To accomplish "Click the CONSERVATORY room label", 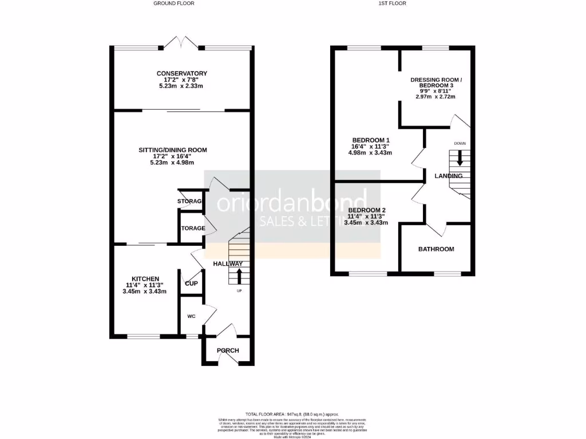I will point(181,73).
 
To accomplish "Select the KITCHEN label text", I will point(144,279).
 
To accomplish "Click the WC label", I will point(191,316).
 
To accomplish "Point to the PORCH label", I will point(228,350).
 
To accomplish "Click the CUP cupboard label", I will point(191,283).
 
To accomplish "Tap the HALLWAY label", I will point(228,264).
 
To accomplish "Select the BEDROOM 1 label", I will point(371,140).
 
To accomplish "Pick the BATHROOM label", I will point(436,249).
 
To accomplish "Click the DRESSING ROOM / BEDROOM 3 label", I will point(435,82).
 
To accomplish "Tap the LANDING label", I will point(448,176).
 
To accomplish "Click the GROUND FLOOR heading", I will point(174,3).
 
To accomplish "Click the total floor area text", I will point(292,414).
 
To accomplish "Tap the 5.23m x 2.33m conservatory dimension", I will point(181,86).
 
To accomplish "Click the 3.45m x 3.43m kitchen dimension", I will point(144,292).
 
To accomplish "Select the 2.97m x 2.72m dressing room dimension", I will point(435,97).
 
